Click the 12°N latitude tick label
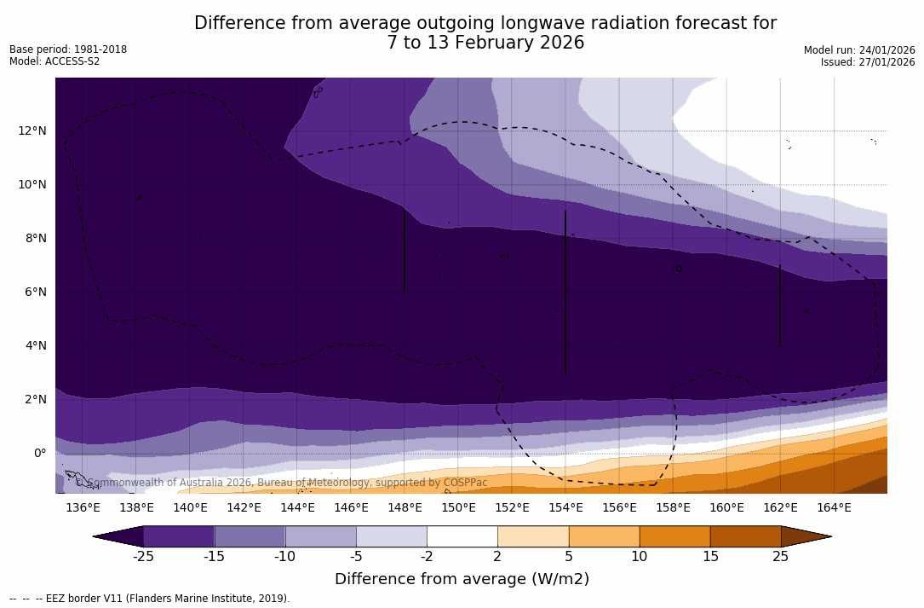pos(32,130)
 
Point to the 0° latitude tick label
pos(39,453)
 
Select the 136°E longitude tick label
pos(83,508)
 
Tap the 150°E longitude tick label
pos(458,508)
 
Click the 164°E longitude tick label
pos(834,508)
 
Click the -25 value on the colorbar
pos(143,557)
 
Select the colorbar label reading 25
pos(780,557)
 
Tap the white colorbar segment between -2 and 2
pos(462,536)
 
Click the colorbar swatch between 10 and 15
pos(674,536)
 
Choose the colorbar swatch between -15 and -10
pos(250,536)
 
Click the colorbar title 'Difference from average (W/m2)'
pos(462,579)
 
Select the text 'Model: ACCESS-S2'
pos(55,61)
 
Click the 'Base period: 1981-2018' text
pos(68,49)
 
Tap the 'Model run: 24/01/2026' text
pos(859,50)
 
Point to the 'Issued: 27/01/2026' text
pos(868,62)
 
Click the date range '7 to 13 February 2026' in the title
pos(485,43)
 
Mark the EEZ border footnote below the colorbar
pos(149,599)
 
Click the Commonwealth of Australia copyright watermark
pos(282,483)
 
